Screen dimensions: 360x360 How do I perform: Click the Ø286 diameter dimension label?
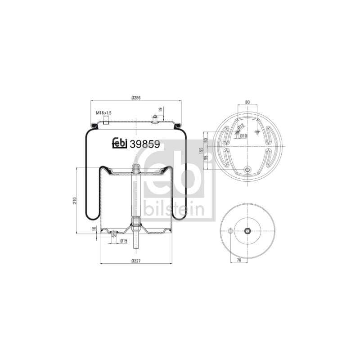(x=136, y=98)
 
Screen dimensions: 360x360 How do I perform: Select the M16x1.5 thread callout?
(x=103, y=113)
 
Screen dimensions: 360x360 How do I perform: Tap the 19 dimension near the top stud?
(x=161, y=109)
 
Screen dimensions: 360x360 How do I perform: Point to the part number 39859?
(x=145, y=144)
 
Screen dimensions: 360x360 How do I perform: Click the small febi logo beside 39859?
(x=120, y=143)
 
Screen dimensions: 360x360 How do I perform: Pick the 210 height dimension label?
(x=74, y=200)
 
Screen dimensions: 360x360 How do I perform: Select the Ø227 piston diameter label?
(x=136, y=261)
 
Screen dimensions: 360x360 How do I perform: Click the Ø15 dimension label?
(x=124, y=241)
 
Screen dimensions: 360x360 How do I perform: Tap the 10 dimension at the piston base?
(x=94, y=229)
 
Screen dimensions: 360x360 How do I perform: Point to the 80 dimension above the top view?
(x=247, y=102)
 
